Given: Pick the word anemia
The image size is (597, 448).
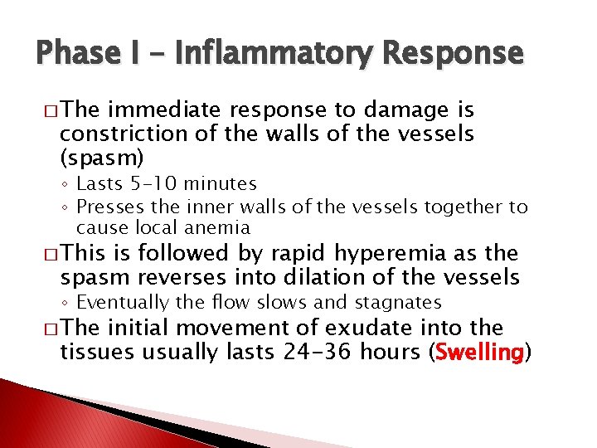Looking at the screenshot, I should (x=220, y=227).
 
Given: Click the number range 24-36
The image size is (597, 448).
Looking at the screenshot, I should (x=320, y=353).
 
